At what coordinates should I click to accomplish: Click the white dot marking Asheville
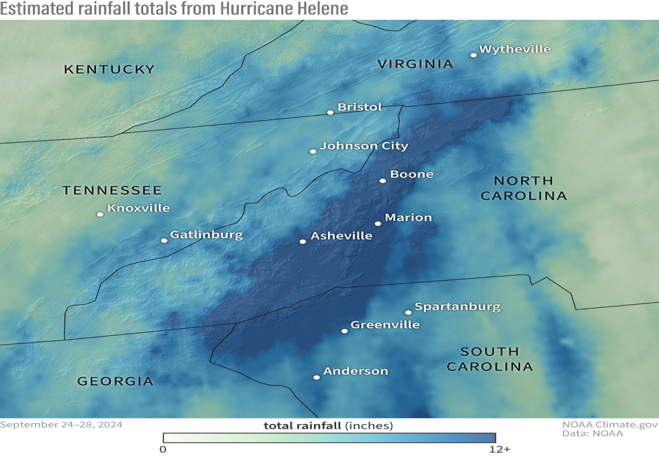303,242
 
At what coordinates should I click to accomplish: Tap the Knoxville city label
138,208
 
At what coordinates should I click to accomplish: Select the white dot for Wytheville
474,55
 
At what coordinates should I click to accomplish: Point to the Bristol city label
360,107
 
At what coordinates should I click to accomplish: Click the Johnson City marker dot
313,152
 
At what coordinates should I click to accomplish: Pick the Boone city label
412,174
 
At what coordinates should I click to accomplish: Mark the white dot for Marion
378,224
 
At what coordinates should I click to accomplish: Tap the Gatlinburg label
206,235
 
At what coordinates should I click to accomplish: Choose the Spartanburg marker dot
408,313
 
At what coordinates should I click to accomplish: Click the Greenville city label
385,325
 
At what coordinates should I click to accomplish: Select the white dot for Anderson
316,378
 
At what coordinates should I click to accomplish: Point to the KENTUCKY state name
109,69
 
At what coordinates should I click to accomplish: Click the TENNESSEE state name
112,190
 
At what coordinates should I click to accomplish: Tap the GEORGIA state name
115,381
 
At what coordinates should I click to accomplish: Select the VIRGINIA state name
415,64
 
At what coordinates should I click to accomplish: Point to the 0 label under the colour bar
163,448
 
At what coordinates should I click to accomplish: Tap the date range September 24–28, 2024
61,424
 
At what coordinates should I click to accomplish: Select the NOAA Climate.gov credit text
609,424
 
